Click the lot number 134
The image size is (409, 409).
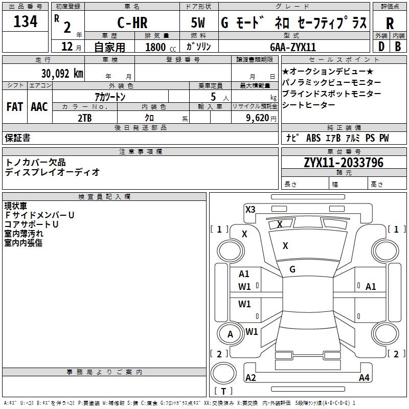coord(26,22)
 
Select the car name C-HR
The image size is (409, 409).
coord(131,23)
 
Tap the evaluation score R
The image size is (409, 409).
coord(390,23)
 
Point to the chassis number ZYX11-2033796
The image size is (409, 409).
coord(344,163)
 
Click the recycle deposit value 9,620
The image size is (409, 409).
coord(258,118)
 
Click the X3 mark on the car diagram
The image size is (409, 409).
coord(251,209)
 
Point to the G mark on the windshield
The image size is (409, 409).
coord(292,269)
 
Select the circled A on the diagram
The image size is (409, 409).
coord(230,334)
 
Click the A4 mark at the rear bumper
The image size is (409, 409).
coord(364,378)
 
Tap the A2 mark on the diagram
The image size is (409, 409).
coord(251,378)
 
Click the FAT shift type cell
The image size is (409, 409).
coord(15,107)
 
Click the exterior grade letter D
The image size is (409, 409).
coord(380,47)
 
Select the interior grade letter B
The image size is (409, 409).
coord(398,47)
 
